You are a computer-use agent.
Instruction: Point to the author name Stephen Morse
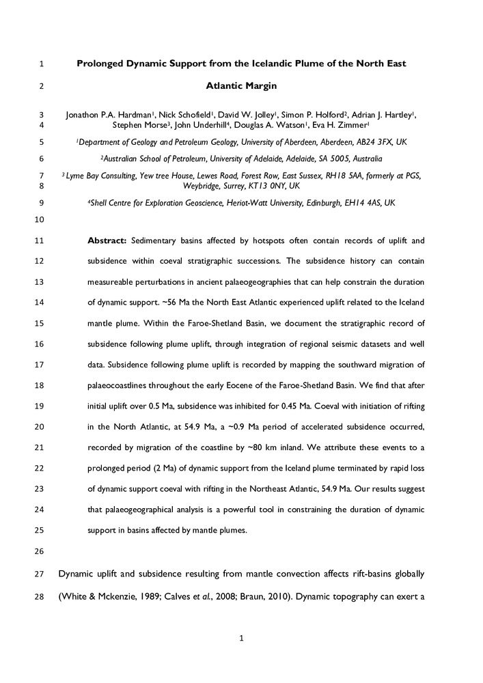(141, 126)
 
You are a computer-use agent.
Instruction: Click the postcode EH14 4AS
(350, 203)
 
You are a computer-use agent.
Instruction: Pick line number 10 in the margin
(38, 220)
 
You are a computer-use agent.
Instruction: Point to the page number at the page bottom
(241, 639)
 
